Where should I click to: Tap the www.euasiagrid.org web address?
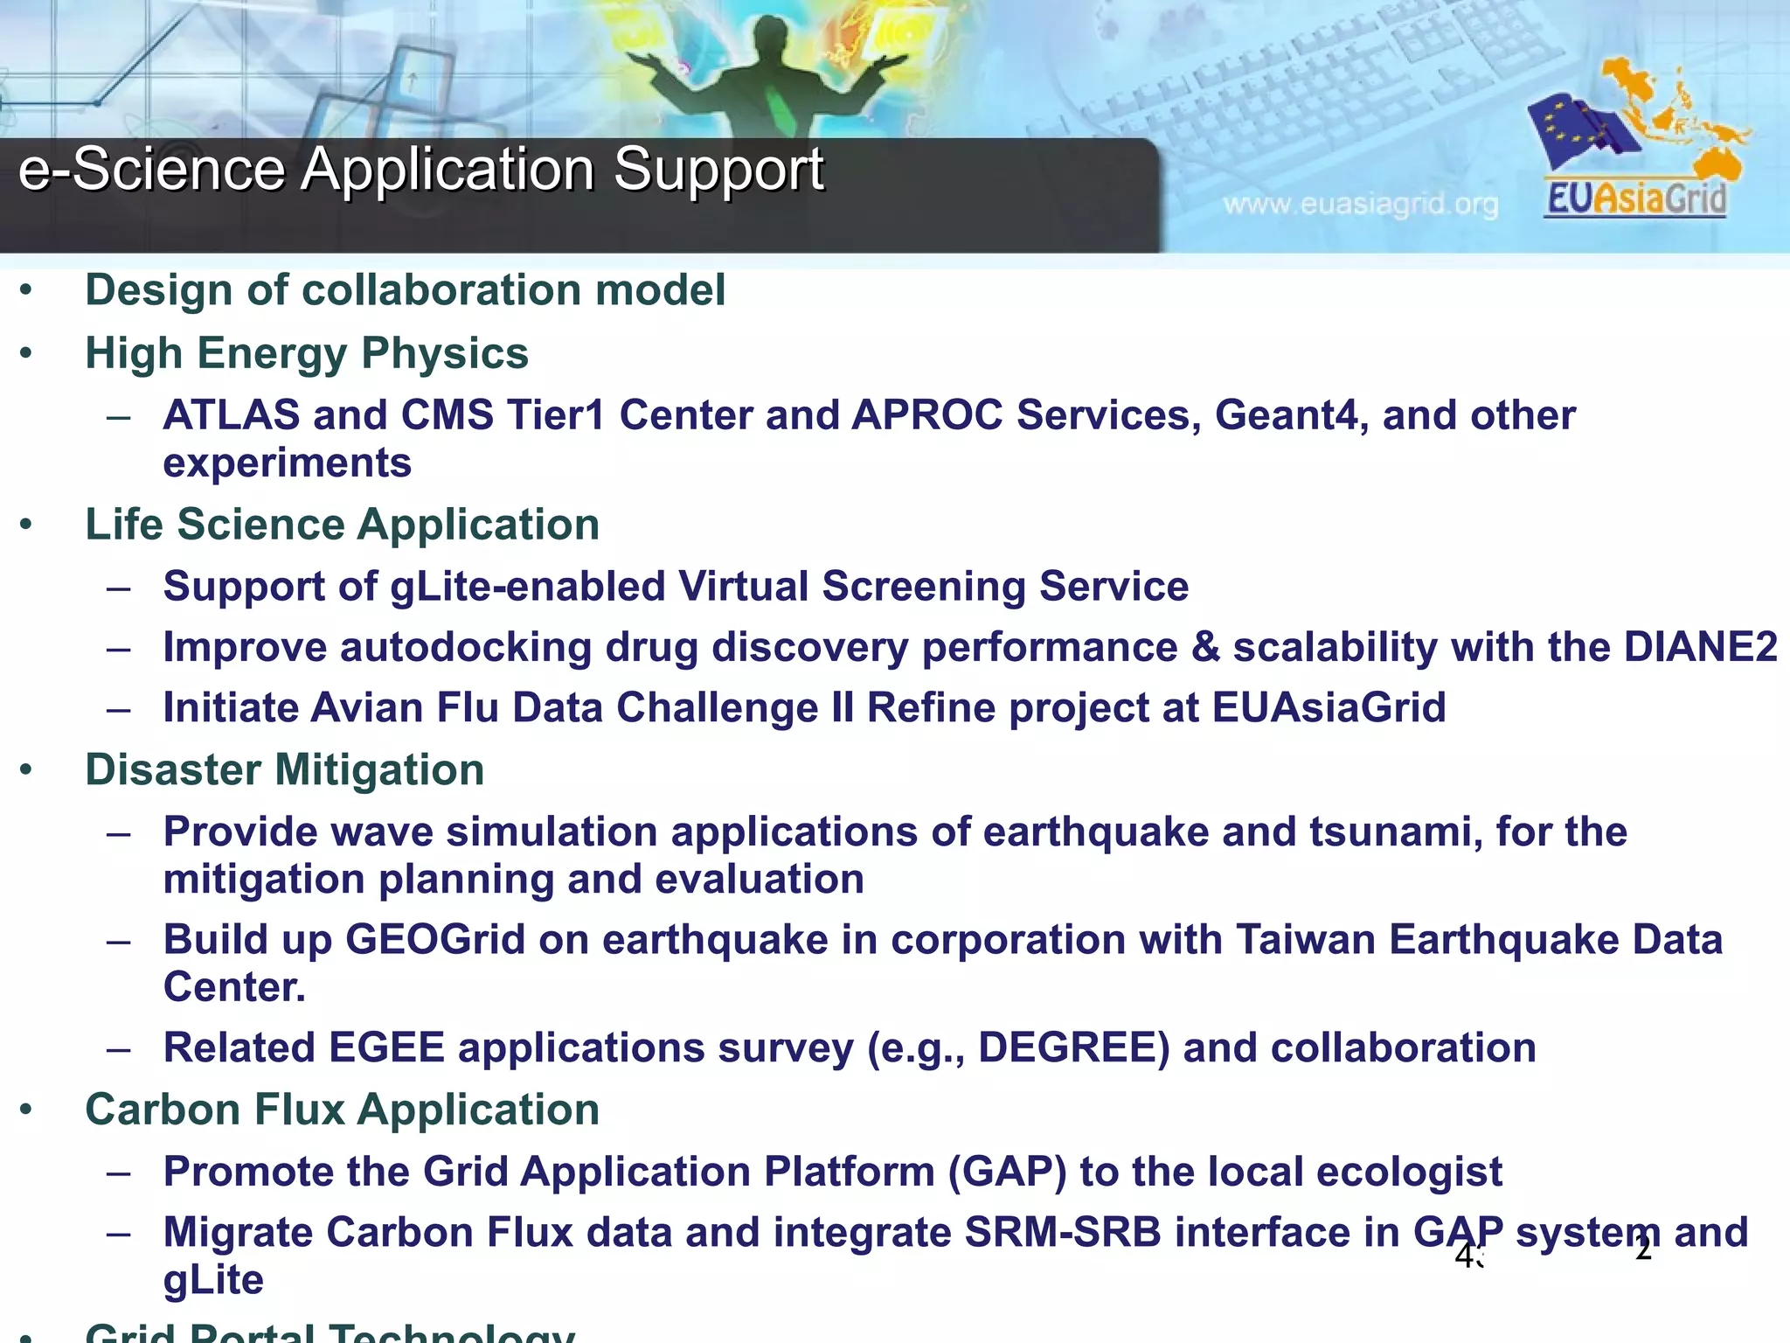pos(1360,205)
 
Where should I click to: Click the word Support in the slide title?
pos(718,169)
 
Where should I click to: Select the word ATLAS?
pos(232,415)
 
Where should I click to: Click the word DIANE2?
pos(1700,648)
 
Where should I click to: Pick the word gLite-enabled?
pos(527,587)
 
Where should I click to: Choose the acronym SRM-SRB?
pos(1063,1233)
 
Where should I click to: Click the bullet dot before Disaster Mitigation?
pos(26,770)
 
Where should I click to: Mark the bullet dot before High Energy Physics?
pos(26,354)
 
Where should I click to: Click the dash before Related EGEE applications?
pos(118,1048)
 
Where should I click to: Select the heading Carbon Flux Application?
pos(342,1110)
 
